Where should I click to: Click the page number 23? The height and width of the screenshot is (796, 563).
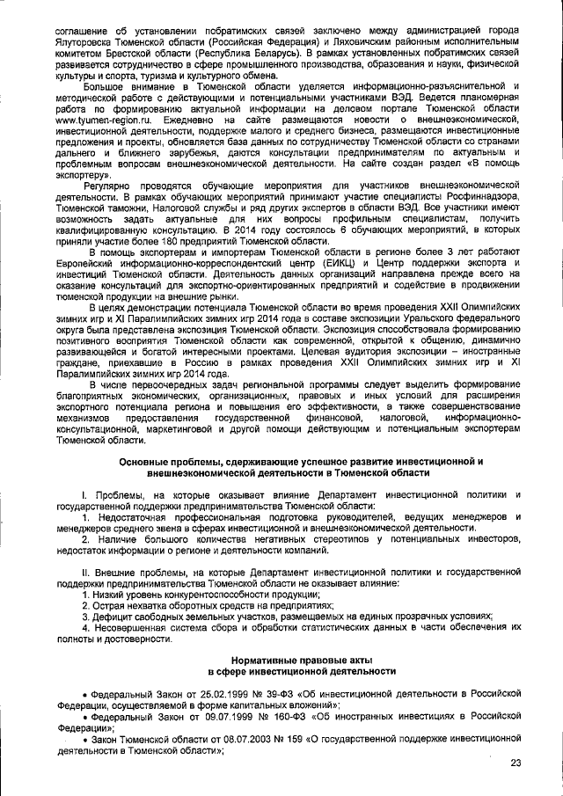coord(515,763)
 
